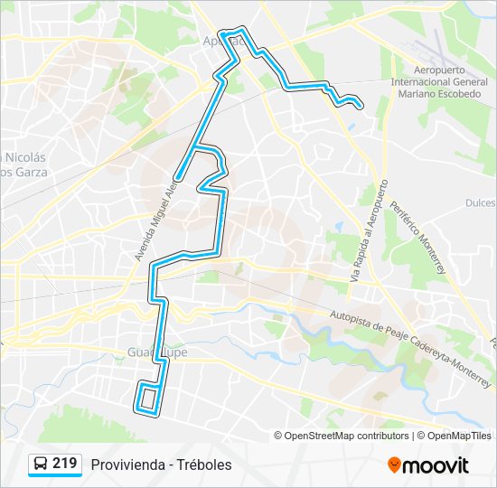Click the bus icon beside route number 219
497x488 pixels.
point(41,464)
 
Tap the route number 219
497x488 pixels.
point(65,464)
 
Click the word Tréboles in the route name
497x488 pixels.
point(205,465)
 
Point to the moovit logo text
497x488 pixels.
point(436,465)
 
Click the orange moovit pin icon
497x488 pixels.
point(394,465)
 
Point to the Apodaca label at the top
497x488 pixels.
point(217,41)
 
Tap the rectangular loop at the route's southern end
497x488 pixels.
point(149,399)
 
